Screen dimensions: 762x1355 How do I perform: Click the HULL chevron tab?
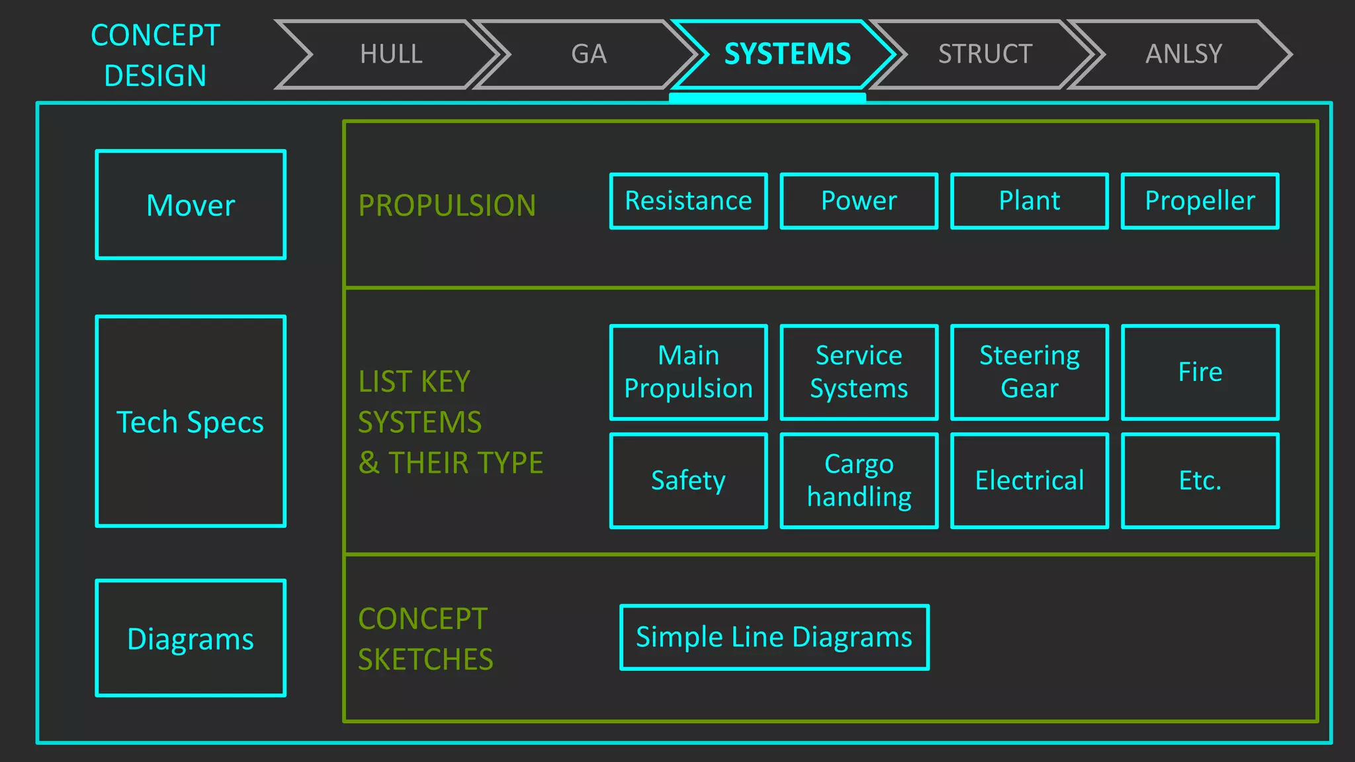coord(391,54)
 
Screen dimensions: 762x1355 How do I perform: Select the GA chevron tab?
coord(589,54)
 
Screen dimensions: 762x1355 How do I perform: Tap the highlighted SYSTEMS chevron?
coord(787,54)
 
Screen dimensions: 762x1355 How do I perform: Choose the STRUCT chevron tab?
coord(985,54)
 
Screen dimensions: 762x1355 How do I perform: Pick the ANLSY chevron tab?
coord(1184,54)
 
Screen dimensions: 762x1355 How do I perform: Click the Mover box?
coord(191,205)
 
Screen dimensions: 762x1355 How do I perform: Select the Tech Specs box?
coord(191,421)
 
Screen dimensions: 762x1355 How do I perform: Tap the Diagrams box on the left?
coord(191,638)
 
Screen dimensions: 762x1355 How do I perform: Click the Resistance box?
coord(688,201)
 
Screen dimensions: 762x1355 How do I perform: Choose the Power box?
coord(859,201)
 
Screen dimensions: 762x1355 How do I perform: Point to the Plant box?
coord(1029,201)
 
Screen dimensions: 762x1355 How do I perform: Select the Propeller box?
coord(1200,201)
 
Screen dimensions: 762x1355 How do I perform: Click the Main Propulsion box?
coord(688,372)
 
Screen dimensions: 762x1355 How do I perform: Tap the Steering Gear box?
coord(1029,372)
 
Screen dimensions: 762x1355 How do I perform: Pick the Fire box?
coord(1200,372)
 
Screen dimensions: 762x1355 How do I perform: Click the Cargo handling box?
coord(859,481)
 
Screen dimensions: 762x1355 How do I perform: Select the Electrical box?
coord(1029,481)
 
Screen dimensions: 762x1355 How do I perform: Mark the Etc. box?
coord(1200,481)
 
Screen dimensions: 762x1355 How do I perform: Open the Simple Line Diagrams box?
coord(774,638)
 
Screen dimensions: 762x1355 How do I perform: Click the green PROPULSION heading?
coord(447,206)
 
